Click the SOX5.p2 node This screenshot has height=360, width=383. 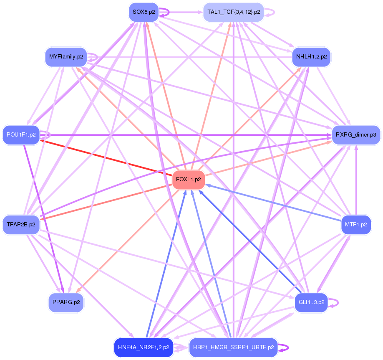pos(144,12)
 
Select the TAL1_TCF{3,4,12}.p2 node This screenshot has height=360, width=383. pos(234,12)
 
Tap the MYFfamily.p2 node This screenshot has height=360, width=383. pos(66,57)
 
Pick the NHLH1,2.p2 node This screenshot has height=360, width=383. pos(311,57)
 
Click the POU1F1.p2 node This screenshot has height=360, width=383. pos(21,135)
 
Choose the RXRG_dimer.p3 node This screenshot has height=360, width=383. pos(356,135)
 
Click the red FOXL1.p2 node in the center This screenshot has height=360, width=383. pos(188,180)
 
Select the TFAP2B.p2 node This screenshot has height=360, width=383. pos(21,225)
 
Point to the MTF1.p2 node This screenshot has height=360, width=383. pos(356,225)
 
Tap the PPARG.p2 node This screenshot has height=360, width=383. pos(66,302)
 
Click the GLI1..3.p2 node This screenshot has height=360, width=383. pos(311,302)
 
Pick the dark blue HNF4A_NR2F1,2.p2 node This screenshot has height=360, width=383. pos(144,347)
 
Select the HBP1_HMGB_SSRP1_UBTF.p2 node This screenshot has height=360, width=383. pos(234,347)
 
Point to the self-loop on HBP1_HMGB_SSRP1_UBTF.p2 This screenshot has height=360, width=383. pos(283,347)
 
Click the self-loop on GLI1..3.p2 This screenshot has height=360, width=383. pos(333,303)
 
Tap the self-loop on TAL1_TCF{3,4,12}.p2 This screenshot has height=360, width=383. pos(270,12)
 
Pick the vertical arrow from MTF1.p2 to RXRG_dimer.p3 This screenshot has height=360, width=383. pos(356,180)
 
